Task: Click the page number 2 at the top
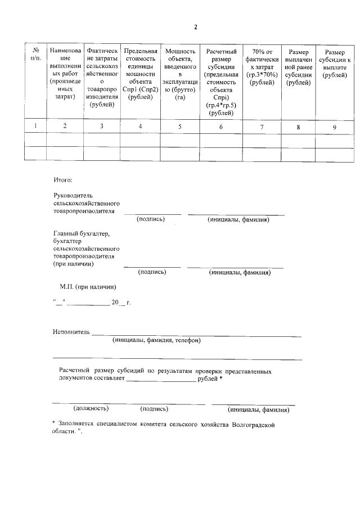(196, 27)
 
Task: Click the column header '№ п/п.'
(35, 55)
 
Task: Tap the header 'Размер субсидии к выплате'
(334, 63)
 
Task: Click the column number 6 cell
(220, 127)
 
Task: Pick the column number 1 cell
(35, 127)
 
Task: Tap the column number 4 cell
(140, 127)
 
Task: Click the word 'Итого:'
(63, 180)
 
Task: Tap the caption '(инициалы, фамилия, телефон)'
(156, 340)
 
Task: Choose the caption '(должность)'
(91, 409)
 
